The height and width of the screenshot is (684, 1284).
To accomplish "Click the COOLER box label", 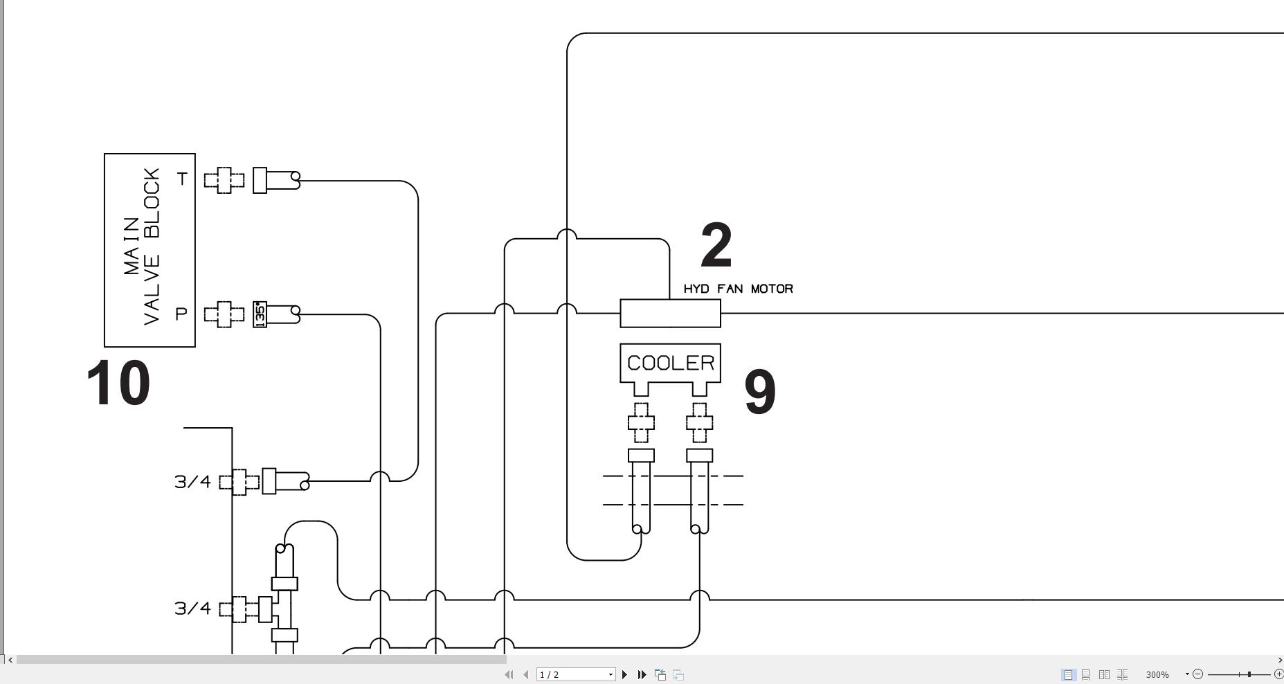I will (670, 363).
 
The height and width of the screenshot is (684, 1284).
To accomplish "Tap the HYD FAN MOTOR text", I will (738, 289).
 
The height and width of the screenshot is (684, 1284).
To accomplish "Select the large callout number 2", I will (716, 246).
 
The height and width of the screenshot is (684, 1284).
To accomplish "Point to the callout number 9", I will (760, 393).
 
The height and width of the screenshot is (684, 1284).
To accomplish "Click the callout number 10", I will (118, 384).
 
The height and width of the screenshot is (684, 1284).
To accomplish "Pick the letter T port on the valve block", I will (182, 179).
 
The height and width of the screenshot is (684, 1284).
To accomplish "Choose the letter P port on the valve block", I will (181, 314).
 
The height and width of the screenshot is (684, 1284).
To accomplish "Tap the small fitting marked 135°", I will (260, 314).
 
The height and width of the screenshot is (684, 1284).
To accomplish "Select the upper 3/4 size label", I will (192, 482).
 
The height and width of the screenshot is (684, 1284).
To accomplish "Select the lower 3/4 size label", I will (192, 609).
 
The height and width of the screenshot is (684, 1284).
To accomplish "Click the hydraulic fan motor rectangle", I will (670, 314).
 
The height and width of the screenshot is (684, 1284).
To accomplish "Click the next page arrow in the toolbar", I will (624, 674).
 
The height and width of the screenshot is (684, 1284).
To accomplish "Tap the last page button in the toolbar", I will (642, 674).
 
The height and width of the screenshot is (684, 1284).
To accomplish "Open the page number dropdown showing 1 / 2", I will (576, 674).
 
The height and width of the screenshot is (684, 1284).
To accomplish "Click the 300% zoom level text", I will (1157, 674).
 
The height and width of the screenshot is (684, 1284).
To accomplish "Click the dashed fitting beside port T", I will (224, 180).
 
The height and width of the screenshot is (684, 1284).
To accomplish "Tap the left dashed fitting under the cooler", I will (641, 422).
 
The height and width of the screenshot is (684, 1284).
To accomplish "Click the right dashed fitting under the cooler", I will (699, 422).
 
